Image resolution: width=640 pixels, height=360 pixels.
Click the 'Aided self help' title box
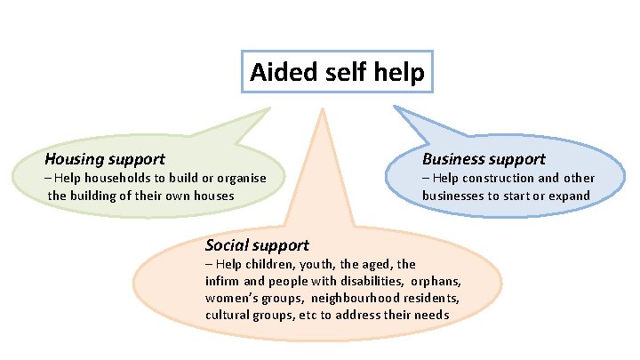coord(338,71)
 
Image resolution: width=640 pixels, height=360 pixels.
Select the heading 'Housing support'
coord(105,160)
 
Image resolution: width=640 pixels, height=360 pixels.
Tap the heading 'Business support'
coord(484,160)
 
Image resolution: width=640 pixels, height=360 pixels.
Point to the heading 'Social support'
coord(257,245)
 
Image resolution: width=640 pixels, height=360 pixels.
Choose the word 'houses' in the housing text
coord(212,196)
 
